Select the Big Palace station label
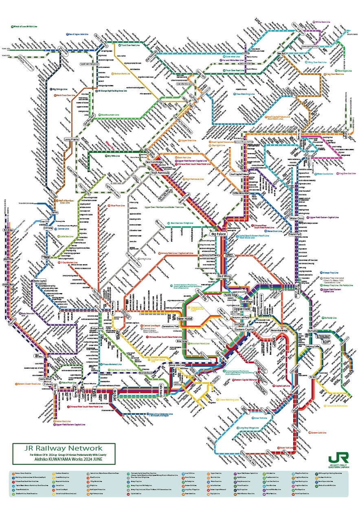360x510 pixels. point(218,234)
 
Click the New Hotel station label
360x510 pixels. point(185,318)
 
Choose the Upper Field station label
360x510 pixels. point(242,309)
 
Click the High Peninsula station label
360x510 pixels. point(160,173)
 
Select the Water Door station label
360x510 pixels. point(296,218)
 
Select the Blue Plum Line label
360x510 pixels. point(118,206)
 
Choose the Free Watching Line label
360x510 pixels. point(245,94)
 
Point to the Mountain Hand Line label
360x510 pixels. point(199,344)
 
